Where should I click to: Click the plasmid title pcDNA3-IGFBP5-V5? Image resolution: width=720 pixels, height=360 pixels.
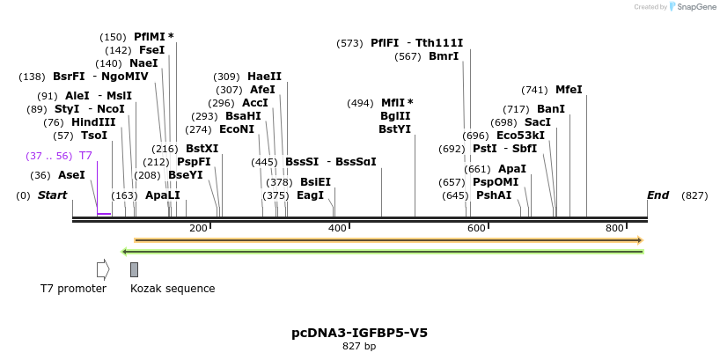[359, 333]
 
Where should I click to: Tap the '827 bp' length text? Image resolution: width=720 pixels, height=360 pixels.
[359, 347]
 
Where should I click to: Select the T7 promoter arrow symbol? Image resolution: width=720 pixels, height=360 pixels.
[103, 269]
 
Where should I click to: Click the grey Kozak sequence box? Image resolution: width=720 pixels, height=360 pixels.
[134, 269]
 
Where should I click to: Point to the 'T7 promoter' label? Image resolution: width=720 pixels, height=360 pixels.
[73, 289]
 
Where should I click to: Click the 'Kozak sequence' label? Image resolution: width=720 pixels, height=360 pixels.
[173, 289]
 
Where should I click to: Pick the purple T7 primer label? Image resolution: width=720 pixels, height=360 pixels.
[85, 156]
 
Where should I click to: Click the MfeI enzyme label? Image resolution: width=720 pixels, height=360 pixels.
[569, 90]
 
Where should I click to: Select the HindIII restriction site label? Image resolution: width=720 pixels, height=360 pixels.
[93, 122]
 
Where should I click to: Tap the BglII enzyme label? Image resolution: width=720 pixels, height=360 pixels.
[395, 116]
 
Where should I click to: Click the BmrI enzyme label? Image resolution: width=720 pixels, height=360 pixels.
[444, 56]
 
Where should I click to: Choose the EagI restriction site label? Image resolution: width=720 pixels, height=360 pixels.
[310, 195]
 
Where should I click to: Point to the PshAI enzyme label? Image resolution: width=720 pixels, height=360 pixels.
[494, 195]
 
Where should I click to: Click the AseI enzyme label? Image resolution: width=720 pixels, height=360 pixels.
[71, 175]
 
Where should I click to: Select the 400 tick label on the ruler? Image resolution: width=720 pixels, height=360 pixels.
[338, 229]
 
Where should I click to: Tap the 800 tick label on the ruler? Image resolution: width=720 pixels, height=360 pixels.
[615, 229]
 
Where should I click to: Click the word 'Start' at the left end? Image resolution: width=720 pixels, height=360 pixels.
[52, 195]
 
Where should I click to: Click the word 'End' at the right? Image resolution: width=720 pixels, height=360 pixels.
[658, 195]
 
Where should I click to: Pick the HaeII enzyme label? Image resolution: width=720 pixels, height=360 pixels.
[264, 77]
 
